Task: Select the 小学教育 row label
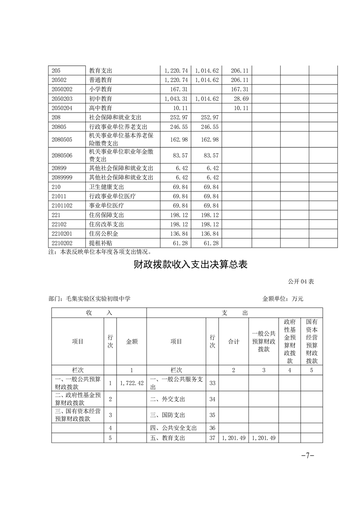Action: [x=100, y=89]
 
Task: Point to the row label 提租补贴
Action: [x=100, y=244]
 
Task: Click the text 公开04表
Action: [x=301, y=282]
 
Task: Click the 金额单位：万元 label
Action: [x=282, y=299]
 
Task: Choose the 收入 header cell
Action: [x=99, y=313]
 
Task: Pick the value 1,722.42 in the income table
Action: [x=132, y=383]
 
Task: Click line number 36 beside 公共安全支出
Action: [x=212, y=428]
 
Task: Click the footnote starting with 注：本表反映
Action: [x=99, y=252]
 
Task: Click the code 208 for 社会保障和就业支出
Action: [x=56, y=117]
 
